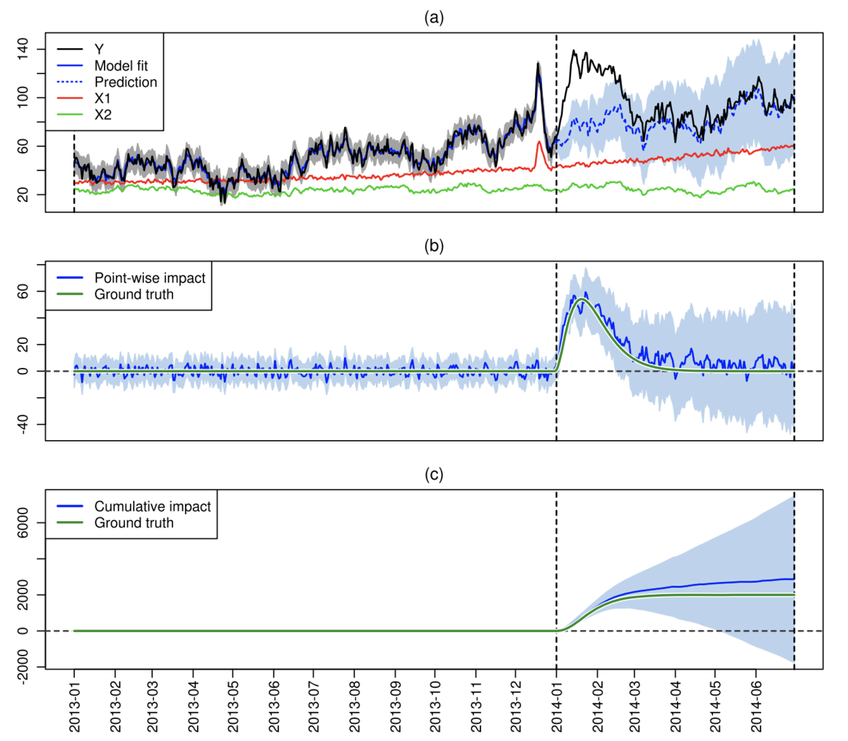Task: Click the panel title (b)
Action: pyautogui.click(x=433, y=247)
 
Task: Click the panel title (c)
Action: pyautogui.click(x=433, y=475)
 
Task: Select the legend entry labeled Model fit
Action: pyautogui.click(x=121, y=66)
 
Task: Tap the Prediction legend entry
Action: pyautogui.click(x=126, y=82)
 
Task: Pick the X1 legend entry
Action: pyautogui.click(x=103, y=99)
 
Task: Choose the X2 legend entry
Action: pyautogui.click(x=103, y=115)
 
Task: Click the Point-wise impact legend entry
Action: pyautogui.click(x=149, y=278)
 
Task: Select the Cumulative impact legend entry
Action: pyautogui.click(x=152, y=506)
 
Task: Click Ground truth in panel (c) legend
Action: pyautogui.click(x=134, y=523)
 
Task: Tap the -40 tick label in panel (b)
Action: pyautogui.click(x=23, y=425)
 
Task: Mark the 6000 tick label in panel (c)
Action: pyautogui.click(x=23, y=523)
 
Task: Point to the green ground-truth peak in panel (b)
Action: pyautogui.click(x=582, y=299)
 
